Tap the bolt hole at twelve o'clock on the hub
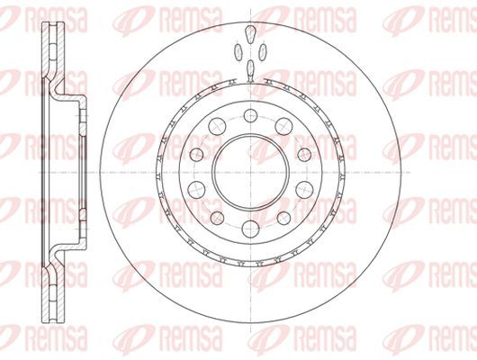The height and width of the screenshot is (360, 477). (250, 115)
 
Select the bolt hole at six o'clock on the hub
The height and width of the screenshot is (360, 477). (250, 229)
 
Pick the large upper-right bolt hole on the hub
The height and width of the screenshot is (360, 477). (283, 126)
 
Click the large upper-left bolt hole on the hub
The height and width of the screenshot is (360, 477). (217, 126)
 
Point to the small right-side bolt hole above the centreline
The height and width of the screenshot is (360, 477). (304, 155)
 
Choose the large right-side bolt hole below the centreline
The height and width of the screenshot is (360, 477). (304, 190)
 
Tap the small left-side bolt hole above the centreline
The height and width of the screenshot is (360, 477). (196, 155)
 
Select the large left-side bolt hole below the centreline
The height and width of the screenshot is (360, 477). (196, 190)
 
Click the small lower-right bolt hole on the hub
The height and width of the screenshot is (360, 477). (283, 218)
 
